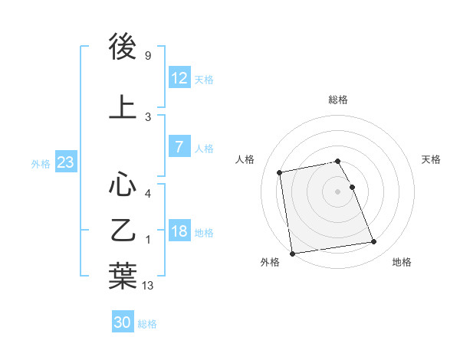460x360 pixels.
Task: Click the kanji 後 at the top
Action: point(123,48)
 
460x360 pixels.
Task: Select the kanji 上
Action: point(123,107)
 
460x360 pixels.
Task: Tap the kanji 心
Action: point(123,184)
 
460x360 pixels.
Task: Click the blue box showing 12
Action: point(179,78)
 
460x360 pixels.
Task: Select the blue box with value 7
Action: point(179,147)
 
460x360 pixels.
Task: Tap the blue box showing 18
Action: point(179,231)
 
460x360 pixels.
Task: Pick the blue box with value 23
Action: point(65,162)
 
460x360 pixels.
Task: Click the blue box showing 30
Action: point(123,322)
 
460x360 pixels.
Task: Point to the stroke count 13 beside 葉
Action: point(149,286)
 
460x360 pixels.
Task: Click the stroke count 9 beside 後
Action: point(147,56)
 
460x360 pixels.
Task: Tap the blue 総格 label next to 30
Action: point(147,324)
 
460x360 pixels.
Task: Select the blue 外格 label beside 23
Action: point(41,163)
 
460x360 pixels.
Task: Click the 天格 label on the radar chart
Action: point(431,159)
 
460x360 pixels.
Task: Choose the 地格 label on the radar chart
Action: point(402,263)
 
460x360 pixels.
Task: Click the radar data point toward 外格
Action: point(291,253)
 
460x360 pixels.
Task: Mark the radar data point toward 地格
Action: point(373,243)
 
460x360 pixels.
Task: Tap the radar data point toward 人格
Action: point(280,172)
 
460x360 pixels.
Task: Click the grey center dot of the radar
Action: point(337,191)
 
